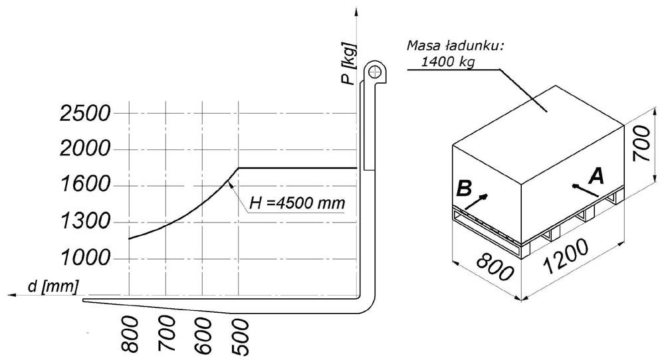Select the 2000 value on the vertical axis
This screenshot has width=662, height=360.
click(85, 149)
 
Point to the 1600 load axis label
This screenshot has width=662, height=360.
click(85, 185)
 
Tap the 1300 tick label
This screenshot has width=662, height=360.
click(85, 221)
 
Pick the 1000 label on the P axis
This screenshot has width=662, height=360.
click(85, 257)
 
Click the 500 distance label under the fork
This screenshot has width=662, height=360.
click(241, 336)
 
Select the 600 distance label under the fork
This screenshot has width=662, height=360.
click(204, 335)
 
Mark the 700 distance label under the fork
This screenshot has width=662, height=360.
click(168, 334)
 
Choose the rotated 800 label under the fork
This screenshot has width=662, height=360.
click(130, 334)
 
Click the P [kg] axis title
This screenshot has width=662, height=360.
click(350, 63)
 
